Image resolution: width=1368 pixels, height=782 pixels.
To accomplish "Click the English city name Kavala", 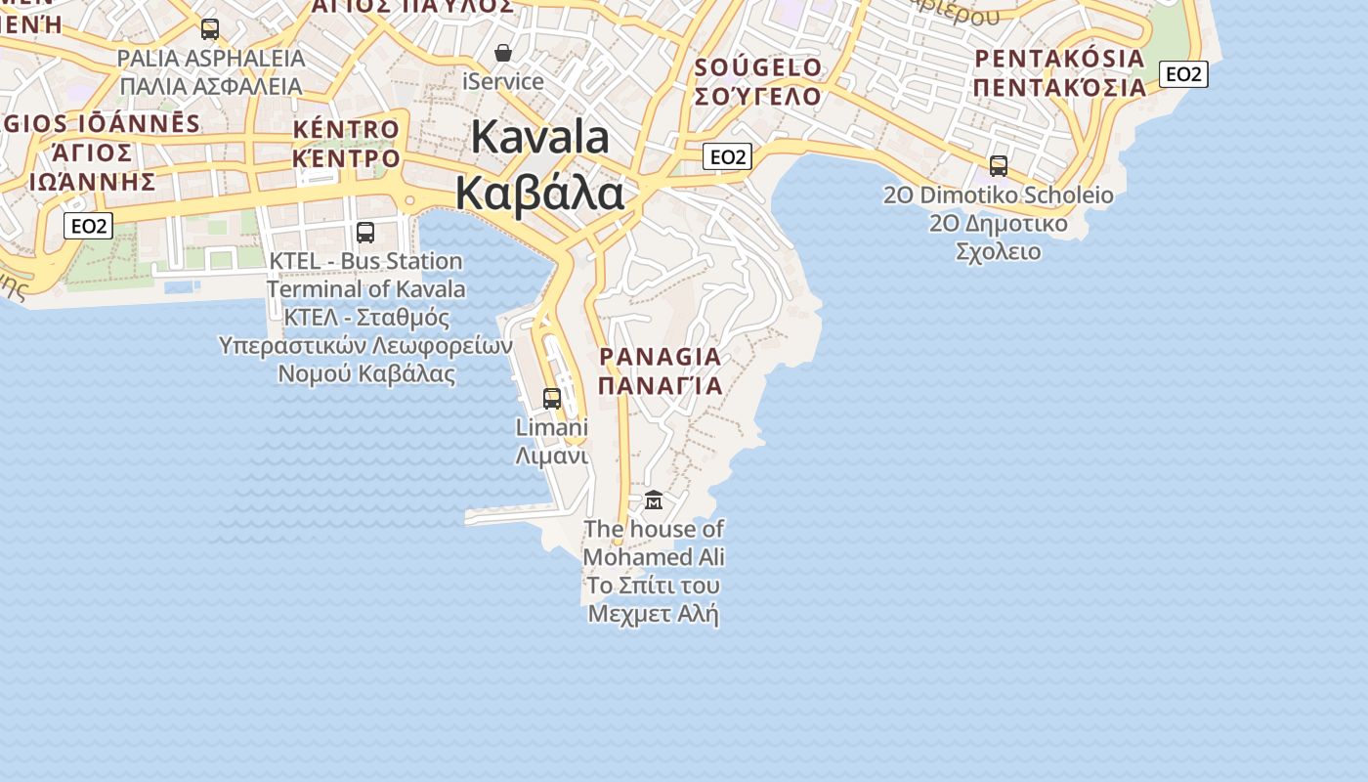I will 540,137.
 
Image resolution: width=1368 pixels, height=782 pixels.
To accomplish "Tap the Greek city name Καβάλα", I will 539,194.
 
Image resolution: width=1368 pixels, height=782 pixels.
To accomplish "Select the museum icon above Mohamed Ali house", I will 654,500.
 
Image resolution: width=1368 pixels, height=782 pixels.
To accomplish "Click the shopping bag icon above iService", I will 503,53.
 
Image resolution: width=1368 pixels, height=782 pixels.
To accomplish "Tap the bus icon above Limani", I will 552,399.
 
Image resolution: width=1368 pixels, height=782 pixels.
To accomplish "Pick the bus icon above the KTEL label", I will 365,233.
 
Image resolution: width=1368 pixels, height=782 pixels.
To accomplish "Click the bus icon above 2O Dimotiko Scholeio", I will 999,166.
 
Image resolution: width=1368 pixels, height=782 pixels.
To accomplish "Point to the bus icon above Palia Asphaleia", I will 210,29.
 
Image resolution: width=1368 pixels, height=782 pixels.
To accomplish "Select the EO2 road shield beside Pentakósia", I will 1183,74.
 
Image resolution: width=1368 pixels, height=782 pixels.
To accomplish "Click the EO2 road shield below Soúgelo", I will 728,156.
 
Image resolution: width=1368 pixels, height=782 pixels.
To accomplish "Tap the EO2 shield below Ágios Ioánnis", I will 88,227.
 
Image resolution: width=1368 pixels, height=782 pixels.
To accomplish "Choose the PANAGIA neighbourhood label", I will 661,357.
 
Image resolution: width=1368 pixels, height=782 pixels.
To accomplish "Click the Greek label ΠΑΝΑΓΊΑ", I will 661,385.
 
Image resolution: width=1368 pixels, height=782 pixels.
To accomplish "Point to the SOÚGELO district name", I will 758,67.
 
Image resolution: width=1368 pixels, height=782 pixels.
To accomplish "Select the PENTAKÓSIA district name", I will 1060,59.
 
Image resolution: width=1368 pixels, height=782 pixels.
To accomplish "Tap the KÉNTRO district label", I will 346,129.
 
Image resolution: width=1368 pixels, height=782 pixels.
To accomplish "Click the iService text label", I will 503,81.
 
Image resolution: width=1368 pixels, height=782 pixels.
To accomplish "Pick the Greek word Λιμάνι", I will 552,456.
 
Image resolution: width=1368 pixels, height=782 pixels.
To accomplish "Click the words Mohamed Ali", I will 654,557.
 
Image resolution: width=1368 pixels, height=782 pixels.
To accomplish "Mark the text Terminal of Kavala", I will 366,289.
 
